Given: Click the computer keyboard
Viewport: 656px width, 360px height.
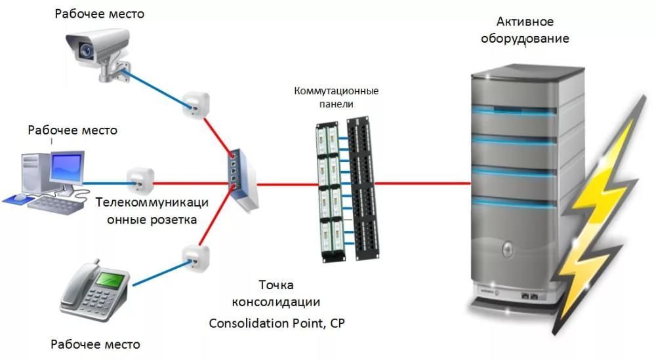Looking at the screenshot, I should [x=56, y=203].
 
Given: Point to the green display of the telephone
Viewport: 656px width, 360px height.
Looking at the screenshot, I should [x=106, y=280].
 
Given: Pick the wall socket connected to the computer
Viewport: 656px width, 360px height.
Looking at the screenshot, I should [x=140, y=180].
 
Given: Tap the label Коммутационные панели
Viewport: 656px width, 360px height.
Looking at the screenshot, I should [x=337, y=97].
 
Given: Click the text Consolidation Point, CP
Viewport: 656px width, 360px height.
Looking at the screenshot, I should [x=276, y=323].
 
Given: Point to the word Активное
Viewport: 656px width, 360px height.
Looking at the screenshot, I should [x=523, y=22].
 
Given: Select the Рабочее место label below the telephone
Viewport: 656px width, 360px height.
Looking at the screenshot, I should [x=95, y=344].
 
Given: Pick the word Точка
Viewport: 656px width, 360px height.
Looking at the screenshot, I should [x=276, y=285].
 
